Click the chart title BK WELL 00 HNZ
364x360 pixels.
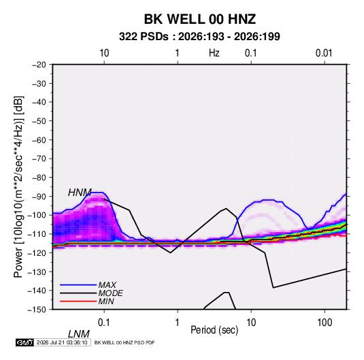coord(200,19)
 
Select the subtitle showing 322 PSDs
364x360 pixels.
coord(199,37)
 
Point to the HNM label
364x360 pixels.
coord(80,193)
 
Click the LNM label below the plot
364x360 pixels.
coord(79,334)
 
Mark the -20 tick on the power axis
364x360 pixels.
coord(39,65)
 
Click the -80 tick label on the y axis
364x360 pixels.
coord(39,178)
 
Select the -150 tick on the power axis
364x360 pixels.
coord(37,310)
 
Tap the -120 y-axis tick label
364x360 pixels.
coord(37,252)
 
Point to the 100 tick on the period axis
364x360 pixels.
coord(325,323)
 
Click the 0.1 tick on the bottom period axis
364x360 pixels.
coord(104,323)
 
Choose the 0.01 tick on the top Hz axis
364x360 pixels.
coord(324,53)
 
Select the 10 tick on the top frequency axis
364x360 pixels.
coord(104,53)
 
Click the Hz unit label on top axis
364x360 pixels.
coord(214,53)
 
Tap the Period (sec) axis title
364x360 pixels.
coord(214,330)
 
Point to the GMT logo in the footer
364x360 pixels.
coord(24,342)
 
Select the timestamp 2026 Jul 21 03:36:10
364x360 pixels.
coord(62,342)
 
